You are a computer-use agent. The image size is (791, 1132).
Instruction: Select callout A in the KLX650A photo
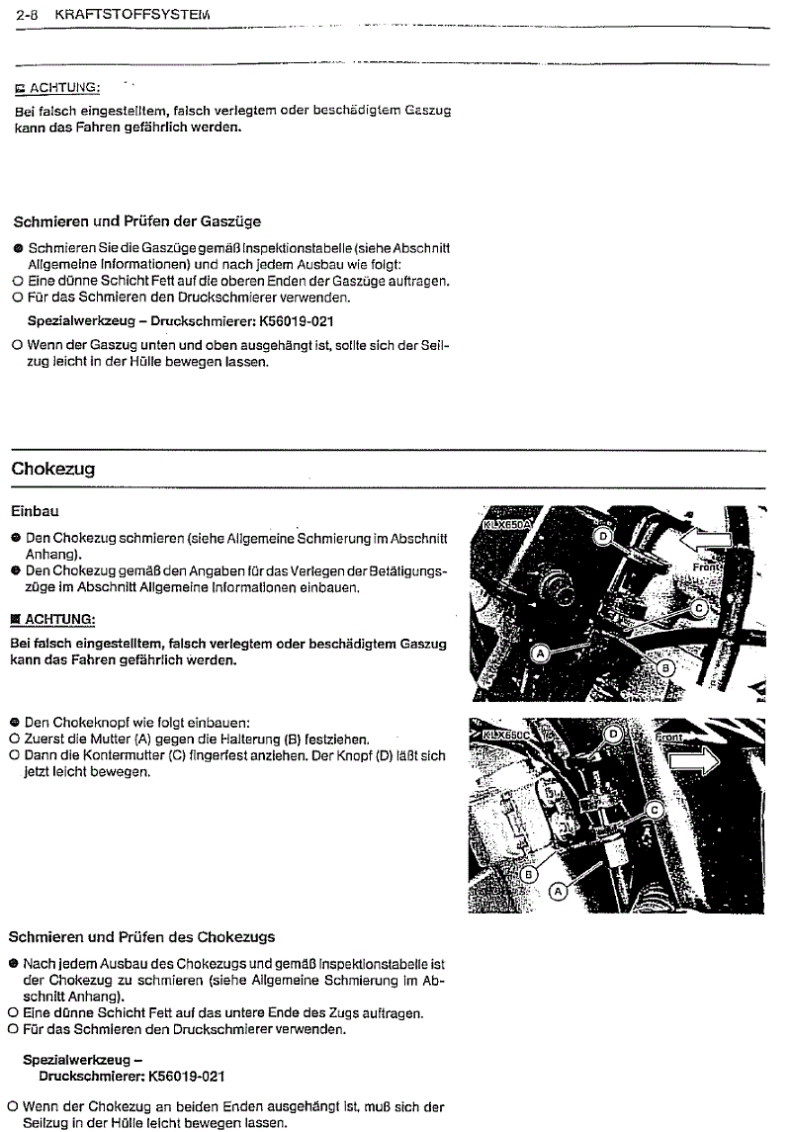pos(541,653)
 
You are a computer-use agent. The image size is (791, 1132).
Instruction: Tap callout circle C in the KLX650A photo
pos(698,609)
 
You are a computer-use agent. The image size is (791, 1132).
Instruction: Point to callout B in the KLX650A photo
pos(664,668)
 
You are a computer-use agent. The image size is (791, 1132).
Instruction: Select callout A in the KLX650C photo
pos(556,891)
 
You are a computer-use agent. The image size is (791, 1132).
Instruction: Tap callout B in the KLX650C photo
pos(529,874)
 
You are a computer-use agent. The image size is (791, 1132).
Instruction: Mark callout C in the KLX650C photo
pos(652,810)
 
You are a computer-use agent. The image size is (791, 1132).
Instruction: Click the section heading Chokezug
pos(52,469)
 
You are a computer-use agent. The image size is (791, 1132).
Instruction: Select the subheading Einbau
pos(35,511)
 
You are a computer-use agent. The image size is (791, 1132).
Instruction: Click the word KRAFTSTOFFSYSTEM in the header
pos(134,16)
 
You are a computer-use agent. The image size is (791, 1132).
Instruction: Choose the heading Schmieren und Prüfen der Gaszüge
pos(136,220)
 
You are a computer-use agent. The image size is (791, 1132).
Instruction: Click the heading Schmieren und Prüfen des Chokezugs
pos(141,936)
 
